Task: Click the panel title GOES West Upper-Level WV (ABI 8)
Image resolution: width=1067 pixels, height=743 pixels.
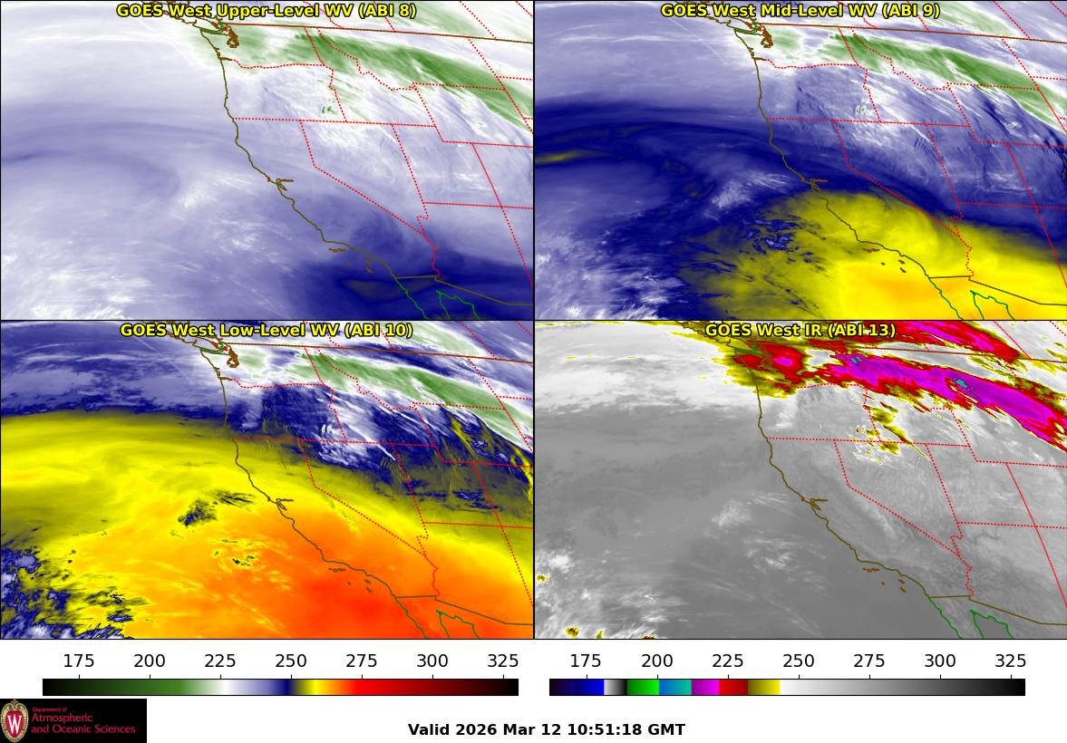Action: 267,11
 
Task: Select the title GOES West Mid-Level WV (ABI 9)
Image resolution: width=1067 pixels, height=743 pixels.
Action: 800,11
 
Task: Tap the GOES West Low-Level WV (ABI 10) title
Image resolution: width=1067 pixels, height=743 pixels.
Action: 267,330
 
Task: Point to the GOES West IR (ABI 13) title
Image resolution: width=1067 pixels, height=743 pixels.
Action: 800,330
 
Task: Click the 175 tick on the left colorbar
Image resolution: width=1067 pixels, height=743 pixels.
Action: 80,661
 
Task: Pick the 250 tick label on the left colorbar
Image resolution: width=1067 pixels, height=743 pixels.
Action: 291,661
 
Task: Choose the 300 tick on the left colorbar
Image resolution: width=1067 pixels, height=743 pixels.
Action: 432,661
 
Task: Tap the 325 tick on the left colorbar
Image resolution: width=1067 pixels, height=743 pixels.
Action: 503,661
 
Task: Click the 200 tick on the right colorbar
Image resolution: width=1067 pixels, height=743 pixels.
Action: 657,661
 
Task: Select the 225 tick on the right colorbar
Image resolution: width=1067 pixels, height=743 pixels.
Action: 728,661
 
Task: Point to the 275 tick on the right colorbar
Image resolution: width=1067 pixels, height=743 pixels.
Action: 869,661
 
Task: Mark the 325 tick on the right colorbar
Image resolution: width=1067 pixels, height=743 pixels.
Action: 1011,661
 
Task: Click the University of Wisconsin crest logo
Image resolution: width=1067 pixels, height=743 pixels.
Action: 15,721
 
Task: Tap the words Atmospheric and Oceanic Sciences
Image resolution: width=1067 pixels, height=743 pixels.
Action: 82,723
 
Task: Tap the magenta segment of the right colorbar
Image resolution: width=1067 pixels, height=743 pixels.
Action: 705,687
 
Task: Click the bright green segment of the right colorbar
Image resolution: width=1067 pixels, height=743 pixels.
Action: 643,687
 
